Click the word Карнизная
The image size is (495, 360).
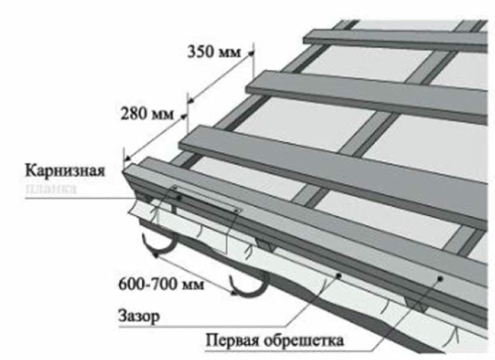(66, 170)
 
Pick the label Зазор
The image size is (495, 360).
(137, 316)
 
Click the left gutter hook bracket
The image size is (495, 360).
(158, 247)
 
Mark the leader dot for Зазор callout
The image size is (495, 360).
(338, 274)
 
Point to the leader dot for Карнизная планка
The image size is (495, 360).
(179, 197)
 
